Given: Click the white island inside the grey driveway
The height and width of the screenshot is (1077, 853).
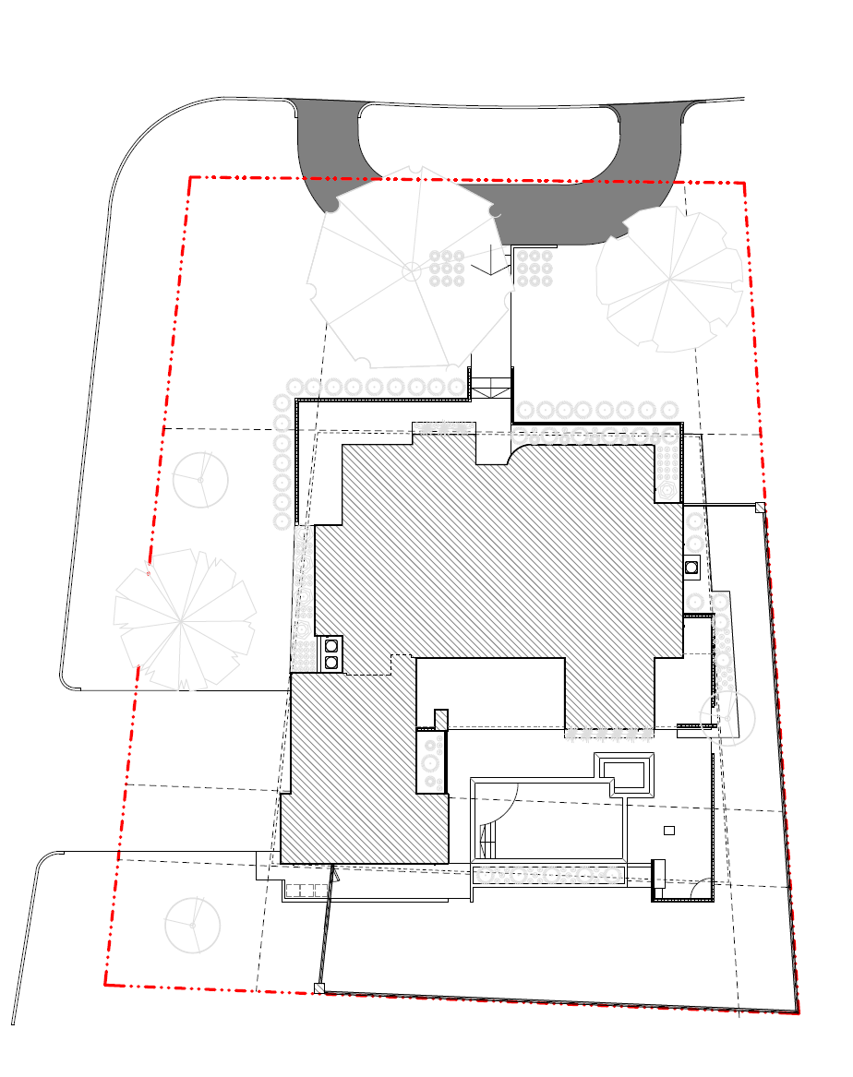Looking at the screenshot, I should [489, 143].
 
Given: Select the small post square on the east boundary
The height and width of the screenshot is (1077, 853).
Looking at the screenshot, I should [761, 507].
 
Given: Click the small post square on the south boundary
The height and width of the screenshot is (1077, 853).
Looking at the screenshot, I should [319, 988].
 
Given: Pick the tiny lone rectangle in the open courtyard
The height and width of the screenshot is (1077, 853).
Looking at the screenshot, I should [669, 830].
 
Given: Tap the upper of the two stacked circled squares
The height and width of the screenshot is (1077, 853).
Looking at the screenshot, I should [331, 646].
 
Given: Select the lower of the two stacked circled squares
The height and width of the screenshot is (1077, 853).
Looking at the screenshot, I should [331, 662].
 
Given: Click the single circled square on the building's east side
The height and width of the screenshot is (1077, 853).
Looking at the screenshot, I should [691, 567].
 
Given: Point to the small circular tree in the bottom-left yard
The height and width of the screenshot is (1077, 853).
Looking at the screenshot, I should [193, 925].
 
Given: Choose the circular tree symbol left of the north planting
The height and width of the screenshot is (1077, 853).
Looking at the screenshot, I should [200, 479].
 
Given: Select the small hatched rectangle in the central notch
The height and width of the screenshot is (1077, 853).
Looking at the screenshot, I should [441, 719].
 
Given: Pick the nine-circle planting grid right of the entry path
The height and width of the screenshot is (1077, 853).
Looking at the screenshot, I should [535, 267].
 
